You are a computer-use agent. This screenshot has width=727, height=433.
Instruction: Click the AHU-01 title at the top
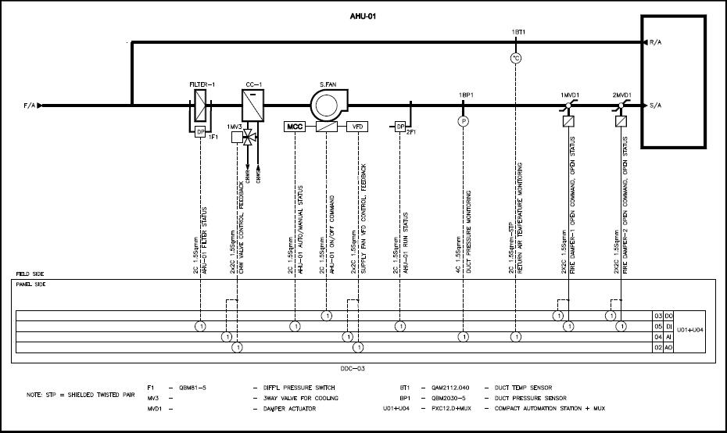363,15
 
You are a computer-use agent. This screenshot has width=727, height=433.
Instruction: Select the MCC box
295,126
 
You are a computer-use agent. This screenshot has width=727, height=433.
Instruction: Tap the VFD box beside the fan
357,126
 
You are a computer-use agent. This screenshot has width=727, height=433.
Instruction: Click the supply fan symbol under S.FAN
328,105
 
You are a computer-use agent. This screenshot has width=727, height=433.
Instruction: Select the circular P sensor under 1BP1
463,121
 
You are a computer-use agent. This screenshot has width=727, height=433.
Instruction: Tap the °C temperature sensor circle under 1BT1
515,58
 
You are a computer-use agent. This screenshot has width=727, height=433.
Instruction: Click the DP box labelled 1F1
200,131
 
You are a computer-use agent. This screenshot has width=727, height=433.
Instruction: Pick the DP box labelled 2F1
399,127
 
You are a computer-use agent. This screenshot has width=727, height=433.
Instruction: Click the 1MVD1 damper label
569,95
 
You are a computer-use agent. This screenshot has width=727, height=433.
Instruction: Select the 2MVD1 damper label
623,95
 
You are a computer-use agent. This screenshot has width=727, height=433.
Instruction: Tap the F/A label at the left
30,106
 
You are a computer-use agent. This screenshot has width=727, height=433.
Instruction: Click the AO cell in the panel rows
668,347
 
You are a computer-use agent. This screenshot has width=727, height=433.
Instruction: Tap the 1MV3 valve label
235,127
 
